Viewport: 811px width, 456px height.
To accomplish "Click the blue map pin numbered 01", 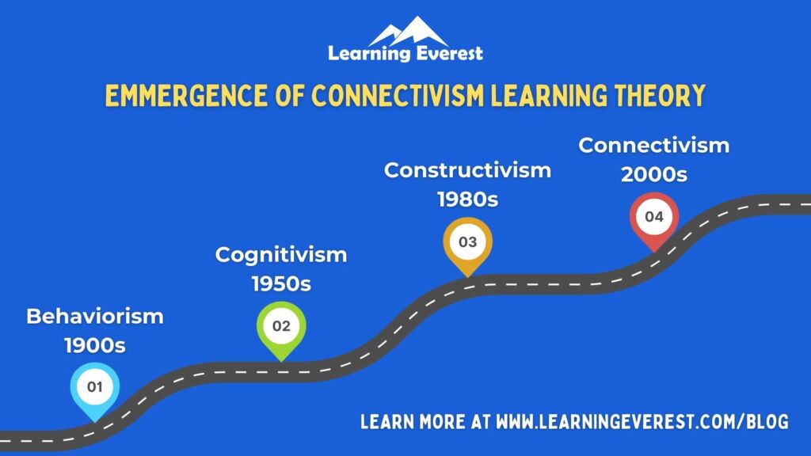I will pos(94,388).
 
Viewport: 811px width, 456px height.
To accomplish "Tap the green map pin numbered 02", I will pos(280,326).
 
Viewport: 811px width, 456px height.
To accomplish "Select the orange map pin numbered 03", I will pos(467,241).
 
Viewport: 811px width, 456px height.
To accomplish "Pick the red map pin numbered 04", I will pos(653,217).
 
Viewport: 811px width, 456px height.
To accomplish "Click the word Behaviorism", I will pos(95,317).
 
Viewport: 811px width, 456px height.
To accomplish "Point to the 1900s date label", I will pos(95,346).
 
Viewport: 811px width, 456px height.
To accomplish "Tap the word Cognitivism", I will pos(281,255).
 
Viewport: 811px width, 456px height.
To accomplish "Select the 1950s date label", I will pos(281,284).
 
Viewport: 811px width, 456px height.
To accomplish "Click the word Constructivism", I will pos(467,169).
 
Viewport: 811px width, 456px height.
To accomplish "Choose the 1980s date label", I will pos(467,199).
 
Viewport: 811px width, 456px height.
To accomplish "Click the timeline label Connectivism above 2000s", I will pos(653,146).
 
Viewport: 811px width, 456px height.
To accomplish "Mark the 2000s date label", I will pos(653,175).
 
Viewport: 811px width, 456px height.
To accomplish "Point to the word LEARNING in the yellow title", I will pos(542,97).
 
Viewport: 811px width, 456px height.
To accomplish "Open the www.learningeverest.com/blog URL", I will pos(642,421).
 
